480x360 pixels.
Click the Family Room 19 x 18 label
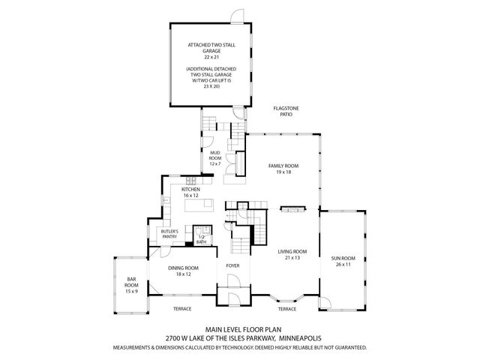tap(283, 169)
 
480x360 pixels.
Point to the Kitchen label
tap(190, 193)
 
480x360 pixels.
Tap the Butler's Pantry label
tap(169, 235)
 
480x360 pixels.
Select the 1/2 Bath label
tap(201, 239)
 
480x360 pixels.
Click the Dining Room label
tap(183, 271)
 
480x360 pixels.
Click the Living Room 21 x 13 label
tap(292, 255)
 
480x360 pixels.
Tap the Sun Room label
tap(343, 262)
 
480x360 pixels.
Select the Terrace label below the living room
tap(287, 308)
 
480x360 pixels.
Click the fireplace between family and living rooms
tap(292, 209)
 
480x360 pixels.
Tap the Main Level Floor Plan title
tap(238, 329)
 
